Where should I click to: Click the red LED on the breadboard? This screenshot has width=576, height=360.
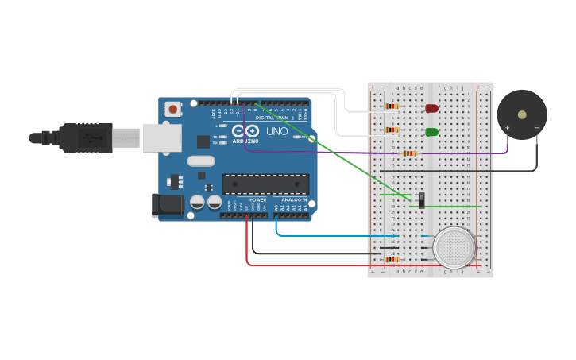pyautogui.click(x=431, y=108)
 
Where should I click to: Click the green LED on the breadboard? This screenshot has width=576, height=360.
pyautogui.click(x=431, y=132)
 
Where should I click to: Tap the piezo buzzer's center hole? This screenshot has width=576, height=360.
pyautogui.click(x=522, y=114)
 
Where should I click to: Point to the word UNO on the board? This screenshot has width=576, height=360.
pyautogui.click(x=276, y=131)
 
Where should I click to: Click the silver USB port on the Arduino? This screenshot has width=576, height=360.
pyautogui.click(x=162, y=137)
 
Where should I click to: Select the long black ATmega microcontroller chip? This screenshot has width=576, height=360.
pyautogui.click(x=265, y=184)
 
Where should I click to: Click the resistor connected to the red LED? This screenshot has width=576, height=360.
pyautogui.click(x=392, y=106)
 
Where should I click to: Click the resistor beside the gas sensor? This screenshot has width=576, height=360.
pyautogui.click(x=392, y=259)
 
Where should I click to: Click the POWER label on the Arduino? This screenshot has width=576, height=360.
pyautogui.click(x=258, y=200)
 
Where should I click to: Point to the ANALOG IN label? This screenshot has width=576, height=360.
pyautogui.click(x=294, y=200)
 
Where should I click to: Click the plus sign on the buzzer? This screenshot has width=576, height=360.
pyautogui.click(x=507, y=127)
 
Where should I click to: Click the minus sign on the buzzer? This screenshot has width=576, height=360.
pyautogui.click(x=536, y=127)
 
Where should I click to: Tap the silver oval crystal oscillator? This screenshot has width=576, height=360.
pyautogui.click(x=201, y=161)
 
